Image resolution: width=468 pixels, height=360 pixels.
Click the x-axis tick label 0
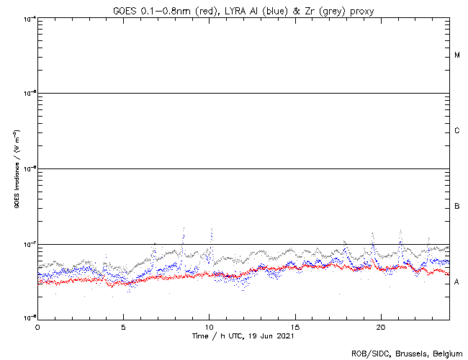tap(37, 326)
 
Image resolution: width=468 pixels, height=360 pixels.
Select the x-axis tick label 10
tap(209, 326)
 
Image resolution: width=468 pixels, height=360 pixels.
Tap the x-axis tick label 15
tap(295, 326)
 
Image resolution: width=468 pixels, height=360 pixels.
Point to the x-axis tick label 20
tap(381, 326)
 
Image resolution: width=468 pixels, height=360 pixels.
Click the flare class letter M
tap(457, 55)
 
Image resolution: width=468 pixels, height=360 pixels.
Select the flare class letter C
tap(457, 131)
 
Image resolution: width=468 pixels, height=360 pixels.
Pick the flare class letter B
tap(457, 207)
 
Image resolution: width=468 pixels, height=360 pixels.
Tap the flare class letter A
tap(457, 282)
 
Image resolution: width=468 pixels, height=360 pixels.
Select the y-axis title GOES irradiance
tap(16, 170)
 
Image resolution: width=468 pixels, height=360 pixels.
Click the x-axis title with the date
tap(243, 336)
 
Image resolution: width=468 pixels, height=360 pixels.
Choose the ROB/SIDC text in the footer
tap(368, 354)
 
